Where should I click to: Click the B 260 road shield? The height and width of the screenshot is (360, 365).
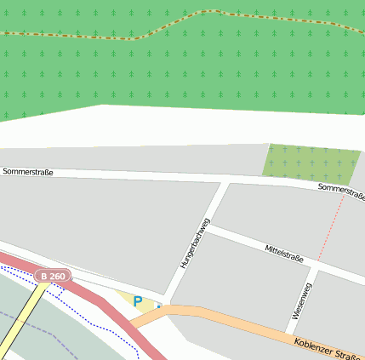tap(52, 277)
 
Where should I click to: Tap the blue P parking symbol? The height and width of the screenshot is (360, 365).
tap(138, 301)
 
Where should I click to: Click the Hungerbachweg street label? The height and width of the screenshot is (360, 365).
tap(194, 243)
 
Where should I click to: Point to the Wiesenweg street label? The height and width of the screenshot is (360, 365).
tap(302, 300)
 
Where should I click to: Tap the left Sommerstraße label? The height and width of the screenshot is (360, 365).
tap(28, 172)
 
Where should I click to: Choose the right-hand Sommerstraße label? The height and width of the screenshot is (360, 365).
tap(340, 191)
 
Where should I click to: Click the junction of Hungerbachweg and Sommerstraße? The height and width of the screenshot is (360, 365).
tap(224, 181)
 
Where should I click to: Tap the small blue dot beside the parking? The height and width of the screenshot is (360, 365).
tap(158, 305)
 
